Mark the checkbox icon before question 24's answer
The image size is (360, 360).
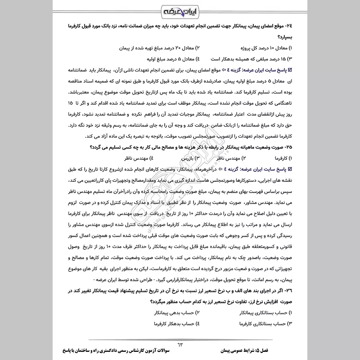[290, 71]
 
